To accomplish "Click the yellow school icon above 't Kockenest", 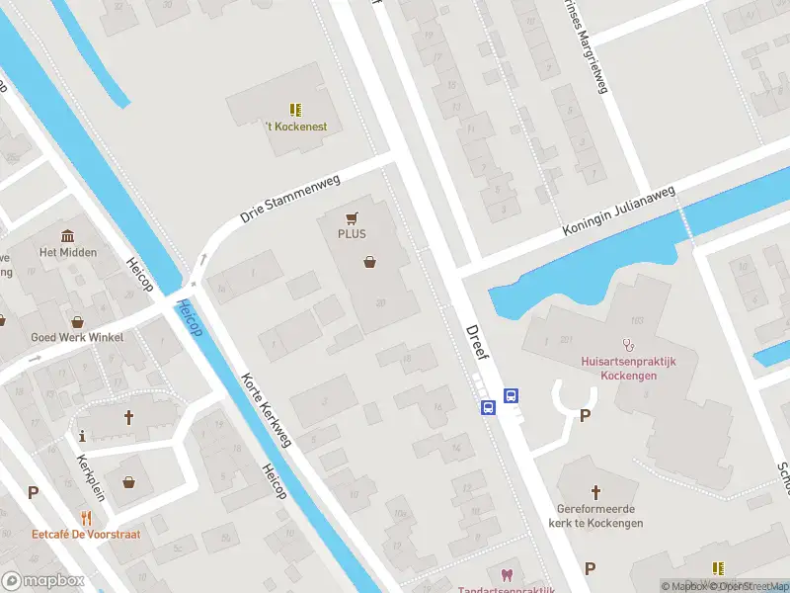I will tap(295, 109).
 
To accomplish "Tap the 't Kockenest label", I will tap(295, 127).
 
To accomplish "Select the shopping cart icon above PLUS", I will tap(352, 217).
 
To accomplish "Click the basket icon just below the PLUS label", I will tap(370, 262).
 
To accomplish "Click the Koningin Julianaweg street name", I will tap(618, 211).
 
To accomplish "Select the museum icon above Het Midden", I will tap(68, 236).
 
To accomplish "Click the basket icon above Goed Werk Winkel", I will tap(78, 321).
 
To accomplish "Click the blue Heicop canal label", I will tap(189, 318).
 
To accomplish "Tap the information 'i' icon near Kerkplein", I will tap(82, 435).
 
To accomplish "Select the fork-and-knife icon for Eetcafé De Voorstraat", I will tap(86, 518).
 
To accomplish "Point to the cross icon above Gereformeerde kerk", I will tap(595, 491).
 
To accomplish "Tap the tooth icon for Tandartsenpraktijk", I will tap(508, 574).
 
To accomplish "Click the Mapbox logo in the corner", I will tap(41, 581).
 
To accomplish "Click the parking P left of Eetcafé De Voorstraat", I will tap(33, 492).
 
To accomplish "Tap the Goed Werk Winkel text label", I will tap(77, 337).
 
